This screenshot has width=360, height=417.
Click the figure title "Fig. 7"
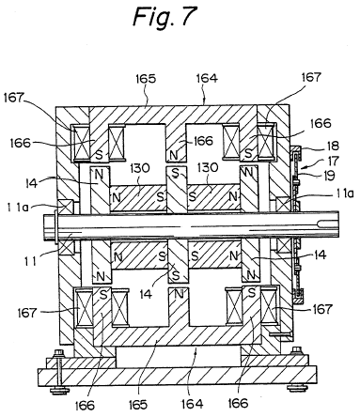tap(165, 17)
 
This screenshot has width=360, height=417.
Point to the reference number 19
tap(329, 176)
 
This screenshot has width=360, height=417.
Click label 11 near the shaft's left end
tap(30, 260)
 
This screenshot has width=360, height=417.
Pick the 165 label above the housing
tap(146, 79)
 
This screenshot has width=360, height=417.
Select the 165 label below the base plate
tap(138, 405)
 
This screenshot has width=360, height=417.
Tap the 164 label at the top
tap(207, 78)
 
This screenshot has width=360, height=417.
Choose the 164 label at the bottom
tap(192, 404)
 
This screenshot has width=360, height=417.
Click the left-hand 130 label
tap(140, 168)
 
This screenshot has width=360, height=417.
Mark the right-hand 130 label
tap(208, 167)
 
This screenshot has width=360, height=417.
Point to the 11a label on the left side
tap(18, 207)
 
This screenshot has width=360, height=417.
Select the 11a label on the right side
tap(345, 194)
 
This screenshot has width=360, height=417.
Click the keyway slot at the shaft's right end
tap(327, 224)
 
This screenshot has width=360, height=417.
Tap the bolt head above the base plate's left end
tap(58, 353)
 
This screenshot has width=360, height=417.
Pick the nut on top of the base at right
tap(296, 350)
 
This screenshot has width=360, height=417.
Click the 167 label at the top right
tap(311, 77)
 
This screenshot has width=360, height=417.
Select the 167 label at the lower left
tap(27, 313)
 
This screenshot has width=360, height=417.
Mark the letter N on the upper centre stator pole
tap(174, 155)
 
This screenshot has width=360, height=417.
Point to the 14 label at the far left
tap(32, 183)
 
